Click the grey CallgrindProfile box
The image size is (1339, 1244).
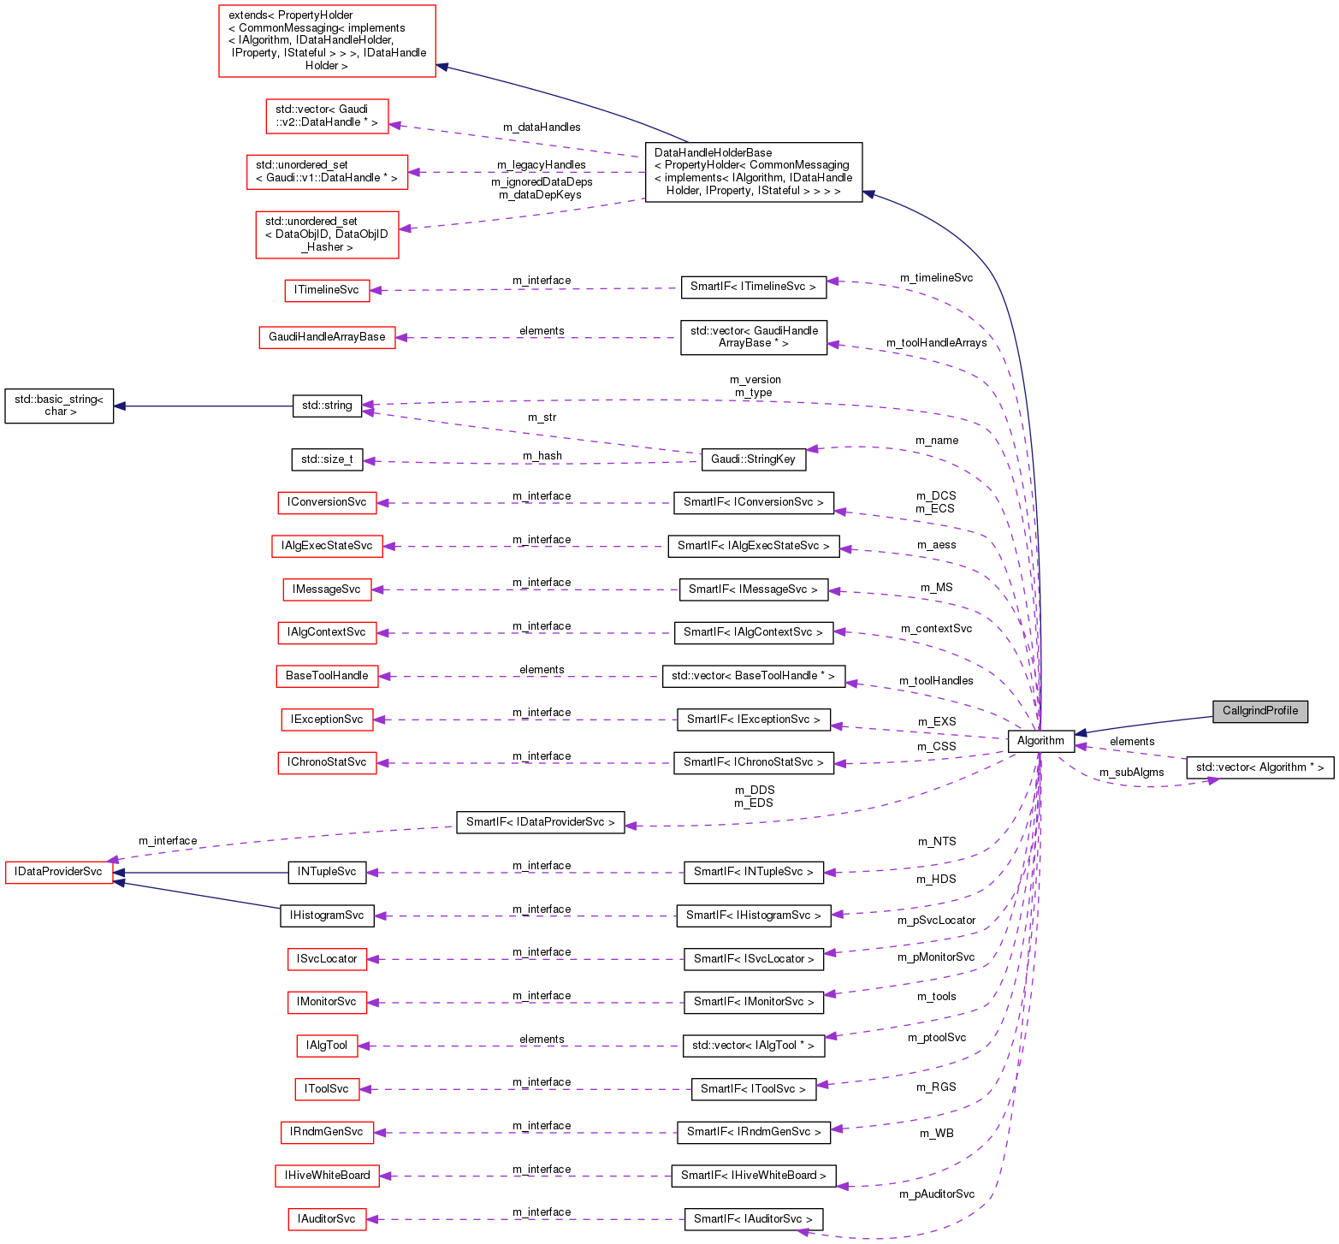1259,711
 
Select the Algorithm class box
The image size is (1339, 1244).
1040,741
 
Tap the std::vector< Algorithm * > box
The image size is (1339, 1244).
1259,767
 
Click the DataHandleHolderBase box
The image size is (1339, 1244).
753,172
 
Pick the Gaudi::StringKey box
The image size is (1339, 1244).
753,459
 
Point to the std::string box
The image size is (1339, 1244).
327,406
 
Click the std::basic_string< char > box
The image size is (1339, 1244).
59,406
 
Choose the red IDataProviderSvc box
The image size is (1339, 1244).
59,872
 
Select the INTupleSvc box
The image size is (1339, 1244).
327,872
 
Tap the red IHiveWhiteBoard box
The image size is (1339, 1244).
327,1176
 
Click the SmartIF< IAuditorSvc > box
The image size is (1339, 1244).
753,1219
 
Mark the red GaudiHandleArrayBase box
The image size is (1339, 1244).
327,337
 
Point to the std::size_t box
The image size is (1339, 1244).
327,459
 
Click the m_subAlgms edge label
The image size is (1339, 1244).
1131,773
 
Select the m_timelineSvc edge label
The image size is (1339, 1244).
936,278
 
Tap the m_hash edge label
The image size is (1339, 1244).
542,456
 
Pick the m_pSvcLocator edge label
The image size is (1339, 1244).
936,921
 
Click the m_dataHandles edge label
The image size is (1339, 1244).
542,127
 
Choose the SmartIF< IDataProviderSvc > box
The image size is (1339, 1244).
540,822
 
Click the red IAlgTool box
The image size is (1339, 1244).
327,1046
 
